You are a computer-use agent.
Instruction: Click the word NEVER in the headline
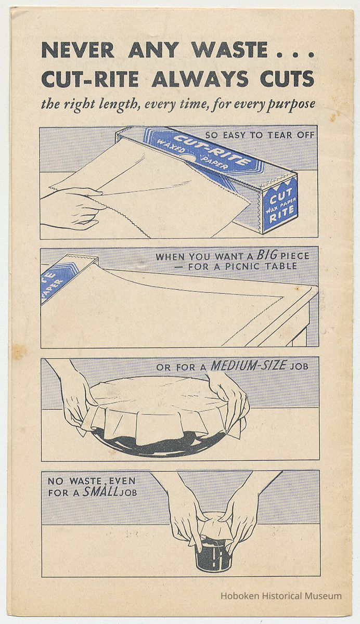pyautogui.click(x=78, y=50)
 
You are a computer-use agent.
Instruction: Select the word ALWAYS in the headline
pyautogui.click(x=200, y=79)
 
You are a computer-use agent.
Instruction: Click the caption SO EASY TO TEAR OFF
pyautogui.click(x=260, y=135)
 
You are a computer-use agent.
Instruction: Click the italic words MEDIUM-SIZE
pyautogui.click(x=248, y=366)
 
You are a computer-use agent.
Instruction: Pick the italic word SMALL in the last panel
pyautogui.click(x=100, y=492)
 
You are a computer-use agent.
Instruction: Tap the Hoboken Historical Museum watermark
pyautogui.click(x=281, y=595)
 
